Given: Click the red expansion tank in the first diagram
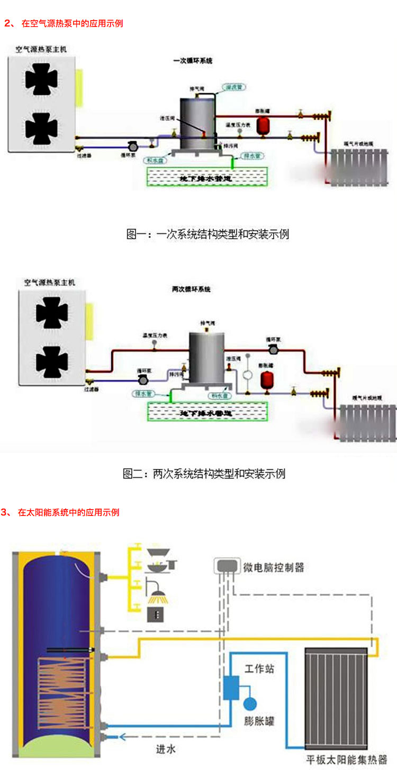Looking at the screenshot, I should point(261,125).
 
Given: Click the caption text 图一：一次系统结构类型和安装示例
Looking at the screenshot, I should point(207,233).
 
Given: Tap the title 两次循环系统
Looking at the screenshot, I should point(192,289).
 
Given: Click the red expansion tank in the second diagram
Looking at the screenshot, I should point(267,378).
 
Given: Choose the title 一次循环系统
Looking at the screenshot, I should point(193,61).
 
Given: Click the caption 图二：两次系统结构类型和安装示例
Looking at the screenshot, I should point(204,473).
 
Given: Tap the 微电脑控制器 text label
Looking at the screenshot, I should point(274,568).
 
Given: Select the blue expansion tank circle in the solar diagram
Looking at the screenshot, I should point(250,703).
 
